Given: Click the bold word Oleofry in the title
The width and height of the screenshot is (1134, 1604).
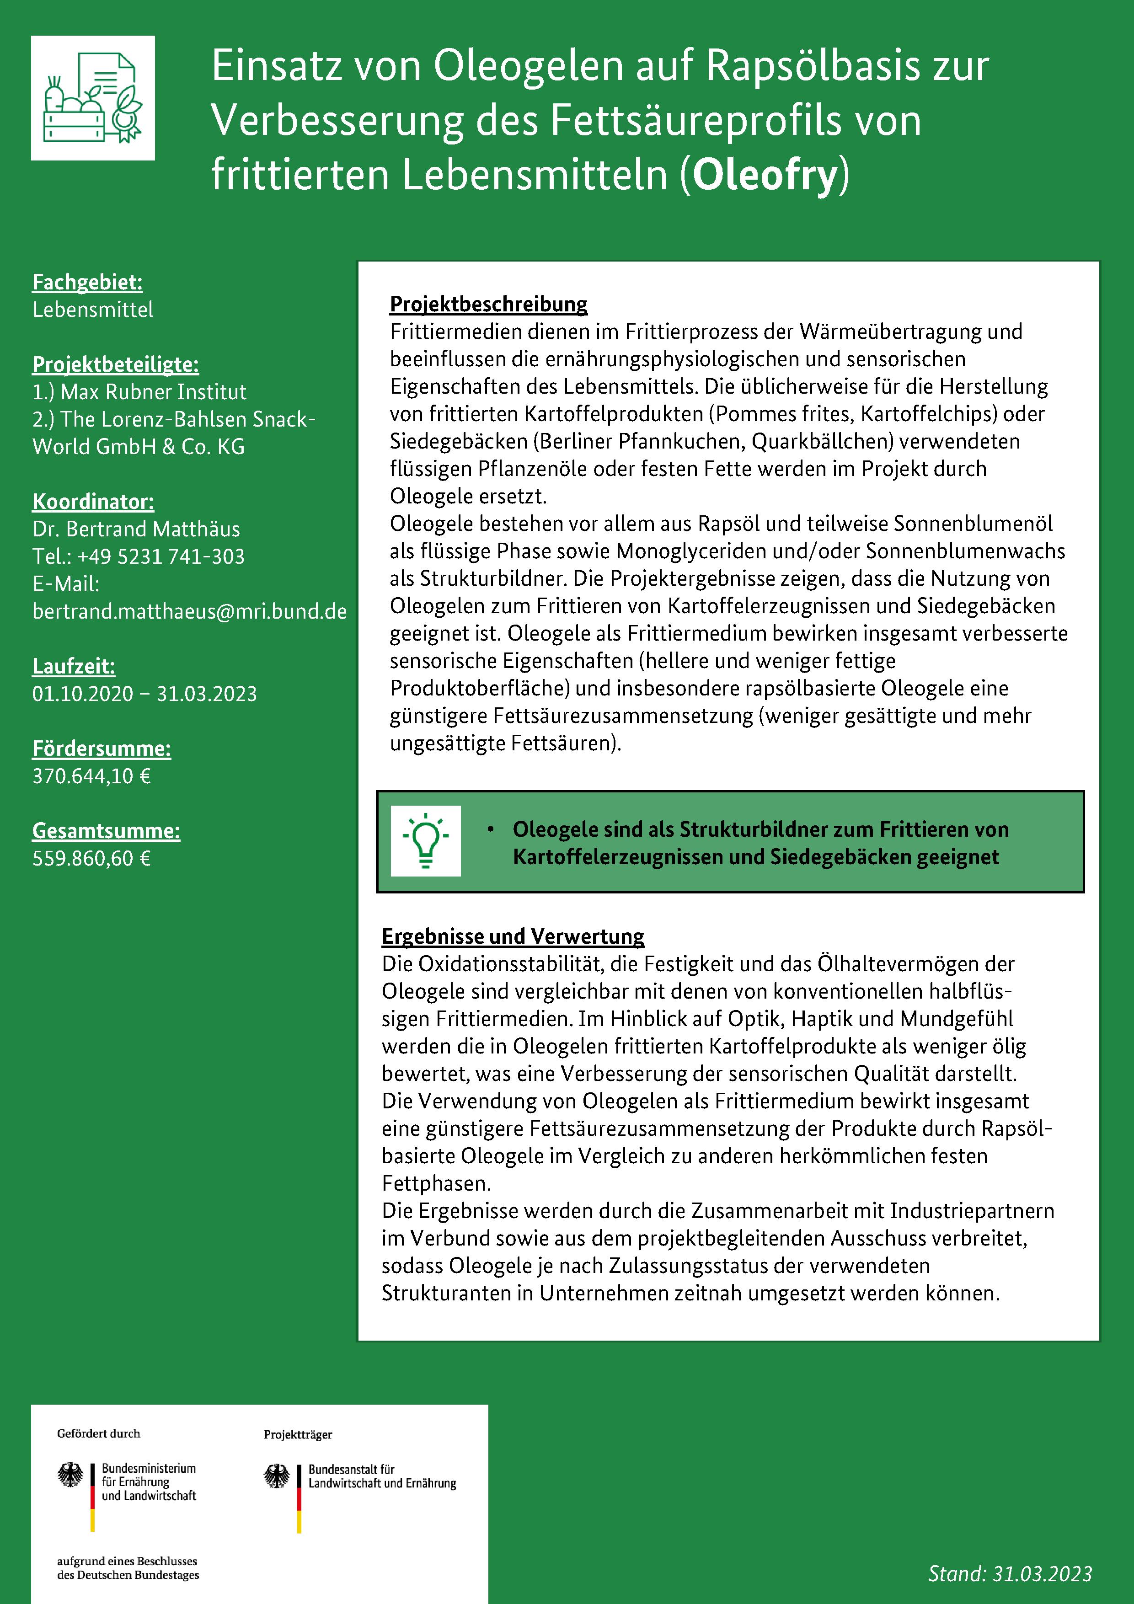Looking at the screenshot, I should click(765, 175).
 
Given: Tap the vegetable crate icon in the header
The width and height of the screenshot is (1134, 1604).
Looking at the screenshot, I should click(93, 98).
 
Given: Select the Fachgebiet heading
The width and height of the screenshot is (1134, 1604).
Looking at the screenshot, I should click(87, 282).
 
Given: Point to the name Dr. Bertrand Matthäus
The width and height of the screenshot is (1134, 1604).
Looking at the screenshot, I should click(136, 529).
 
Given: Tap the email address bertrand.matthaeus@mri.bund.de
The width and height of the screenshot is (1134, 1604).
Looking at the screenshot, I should click(189, 611).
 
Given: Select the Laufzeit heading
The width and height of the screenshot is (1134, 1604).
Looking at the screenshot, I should click(73, 667).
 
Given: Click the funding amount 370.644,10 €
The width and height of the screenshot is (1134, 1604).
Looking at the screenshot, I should click(91, 776).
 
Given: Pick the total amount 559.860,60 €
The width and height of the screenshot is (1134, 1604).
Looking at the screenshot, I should click(91, 859).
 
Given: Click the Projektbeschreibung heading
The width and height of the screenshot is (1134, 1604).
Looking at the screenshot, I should click(488, 304).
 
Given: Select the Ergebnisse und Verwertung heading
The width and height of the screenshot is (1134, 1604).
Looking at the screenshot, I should click(513, 936).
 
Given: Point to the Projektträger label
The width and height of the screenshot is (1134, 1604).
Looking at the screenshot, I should click(298, 1435).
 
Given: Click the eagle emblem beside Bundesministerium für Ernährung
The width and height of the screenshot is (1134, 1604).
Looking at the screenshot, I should click(70, 1476).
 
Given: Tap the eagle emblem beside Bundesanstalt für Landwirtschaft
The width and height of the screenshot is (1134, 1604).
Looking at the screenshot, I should click(277, 1476).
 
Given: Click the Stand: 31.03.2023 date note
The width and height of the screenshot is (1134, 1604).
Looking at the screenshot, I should click(1010, 1573).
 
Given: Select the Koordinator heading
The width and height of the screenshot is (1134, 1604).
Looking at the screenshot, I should click(93, 502).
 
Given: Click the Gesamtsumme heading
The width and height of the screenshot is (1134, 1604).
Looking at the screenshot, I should click(106, 831).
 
